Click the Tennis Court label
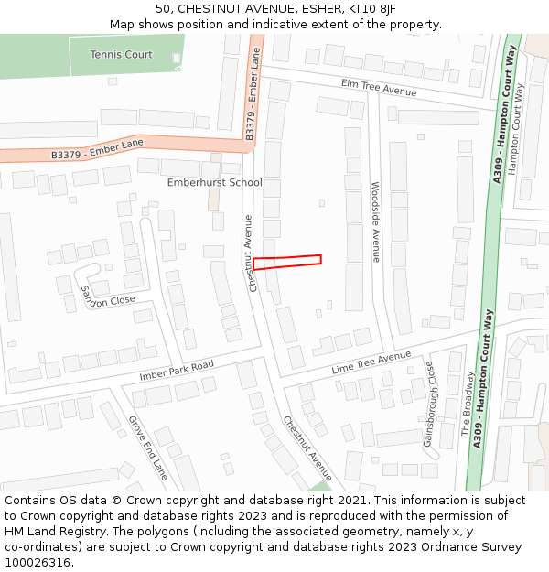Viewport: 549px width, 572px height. (121, 55)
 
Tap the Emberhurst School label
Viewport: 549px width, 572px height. (214, 182)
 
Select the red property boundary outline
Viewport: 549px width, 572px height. (287, 262)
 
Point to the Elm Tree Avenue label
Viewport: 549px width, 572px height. (378, 88)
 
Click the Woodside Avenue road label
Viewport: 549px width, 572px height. (375, 221)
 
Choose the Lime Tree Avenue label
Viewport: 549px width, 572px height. (371, 362)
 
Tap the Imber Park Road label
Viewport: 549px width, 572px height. (177, 371)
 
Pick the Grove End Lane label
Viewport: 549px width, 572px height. (148, 448)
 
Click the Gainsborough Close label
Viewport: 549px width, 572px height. (430, 403)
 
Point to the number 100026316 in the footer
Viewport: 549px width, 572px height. (37, 562)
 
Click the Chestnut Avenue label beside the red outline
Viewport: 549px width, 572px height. (248, 254)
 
